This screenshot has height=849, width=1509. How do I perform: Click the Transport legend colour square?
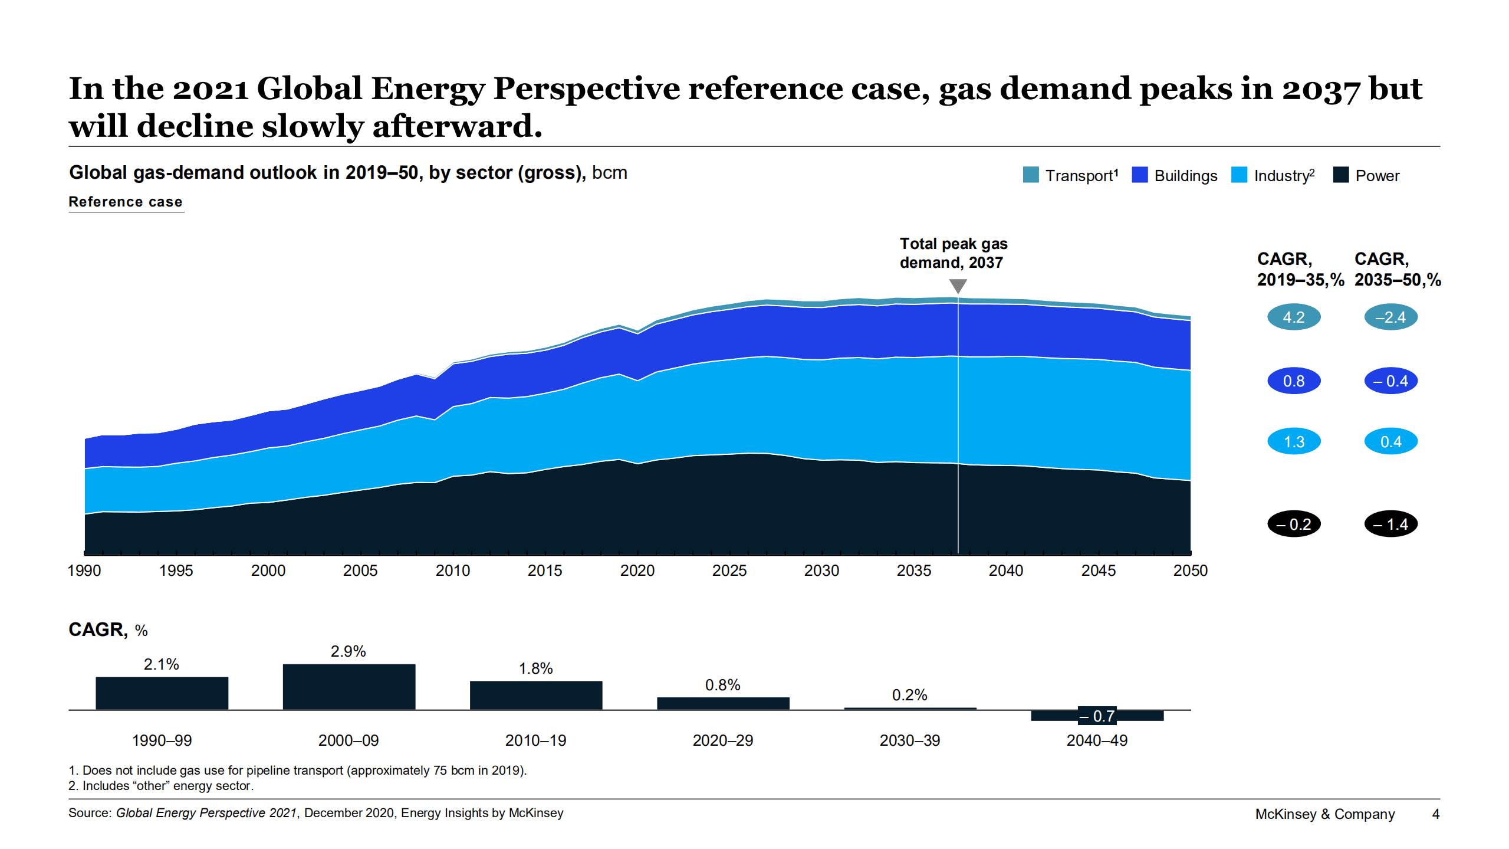tap(1030, 175)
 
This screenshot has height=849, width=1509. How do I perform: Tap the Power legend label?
tap(1376, 176)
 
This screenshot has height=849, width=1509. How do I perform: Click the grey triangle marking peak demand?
tap(958, 286)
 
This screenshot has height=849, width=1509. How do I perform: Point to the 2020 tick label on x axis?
tap(637, 571)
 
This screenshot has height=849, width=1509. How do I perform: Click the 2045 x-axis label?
tap(1098, 571)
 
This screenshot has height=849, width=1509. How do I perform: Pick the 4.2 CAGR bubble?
tap(1293, 317)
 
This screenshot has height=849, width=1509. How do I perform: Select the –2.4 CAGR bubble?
tap(1390, 317)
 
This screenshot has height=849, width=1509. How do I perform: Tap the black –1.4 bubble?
tap(1390, 524)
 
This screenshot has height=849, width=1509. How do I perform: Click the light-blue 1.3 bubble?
tap(1293, 441)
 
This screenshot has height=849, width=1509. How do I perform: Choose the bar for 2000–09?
tap(349, 687)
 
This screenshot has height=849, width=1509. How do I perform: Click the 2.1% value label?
tap(161, 664)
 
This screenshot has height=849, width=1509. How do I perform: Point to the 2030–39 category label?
tap(909, 740)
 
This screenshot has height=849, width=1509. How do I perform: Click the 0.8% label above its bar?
tap(722, 685)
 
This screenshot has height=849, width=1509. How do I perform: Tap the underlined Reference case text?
tap(126, 202)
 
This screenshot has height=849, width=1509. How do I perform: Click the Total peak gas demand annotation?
tap(953, 253)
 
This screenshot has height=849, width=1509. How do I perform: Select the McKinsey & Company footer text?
tap(1324, 814)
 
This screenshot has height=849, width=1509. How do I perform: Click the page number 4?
tap(1435, 814)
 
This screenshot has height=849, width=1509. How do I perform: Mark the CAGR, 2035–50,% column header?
tap(1397, 269)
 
